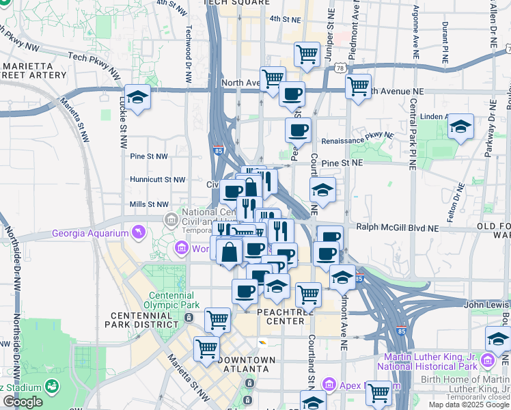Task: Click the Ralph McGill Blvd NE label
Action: click(396, 228)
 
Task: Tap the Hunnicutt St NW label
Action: click(158, 180)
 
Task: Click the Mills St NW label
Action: click(148, 204)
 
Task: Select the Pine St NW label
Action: click(148, 156)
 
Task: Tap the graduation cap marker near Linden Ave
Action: click(461, 126)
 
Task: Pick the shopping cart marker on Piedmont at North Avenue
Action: click(358, 87)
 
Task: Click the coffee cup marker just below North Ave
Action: click(292, 94)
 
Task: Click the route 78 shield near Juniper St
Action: click(340, 68)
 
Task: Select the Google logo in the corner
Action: click(23, 402)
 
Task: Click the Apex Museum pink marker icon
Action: click(329, 385)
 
